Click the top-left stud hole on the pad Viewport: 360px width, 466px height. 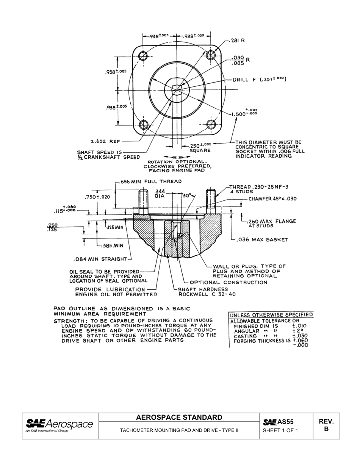(143, 56)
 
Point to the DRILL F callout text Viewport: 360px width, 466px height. (259, 80)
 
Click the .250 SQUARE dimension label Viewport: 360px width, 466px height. (200, 148)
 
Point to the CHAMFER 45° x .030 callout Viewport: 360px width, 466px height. (272, 199)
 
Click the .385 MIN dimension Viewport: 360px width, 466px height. (113, 246)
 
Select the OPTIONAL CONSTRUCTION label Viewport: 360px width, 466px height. (228, 282)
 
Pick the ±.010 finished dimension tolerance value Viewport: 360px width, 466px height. (299, 326)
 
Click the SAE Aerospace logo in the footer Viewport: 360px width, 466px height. (59, 425)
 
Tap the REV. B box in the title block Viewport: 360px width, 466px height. (326, 425)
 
